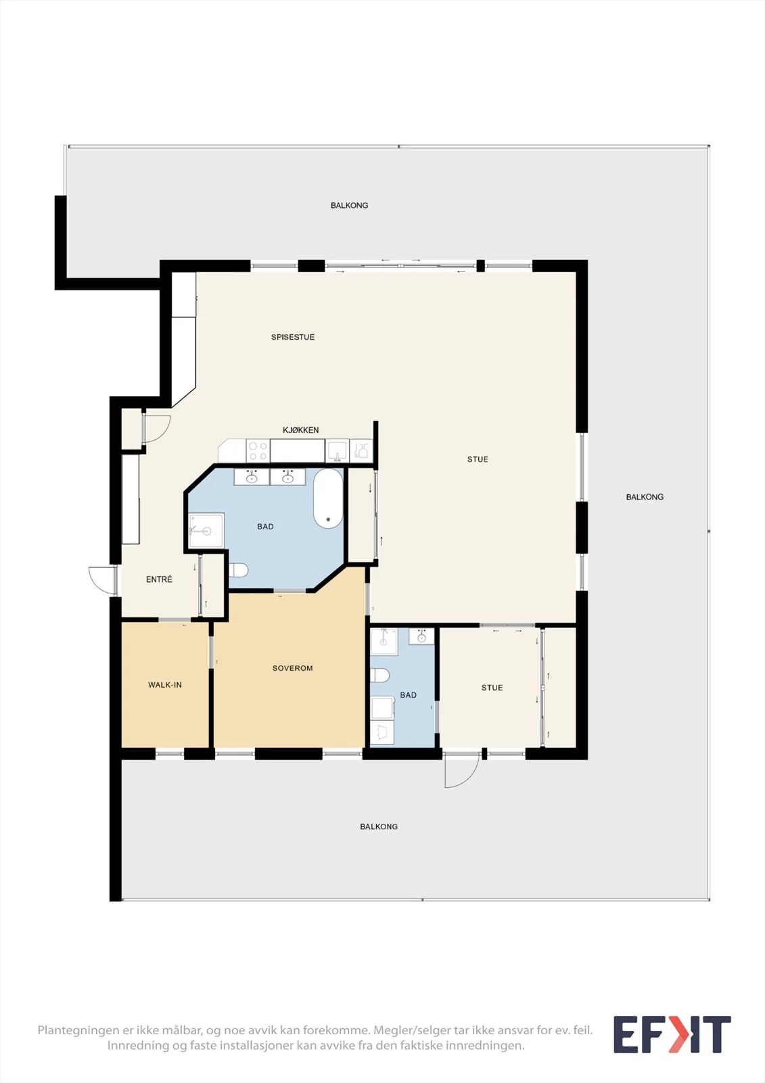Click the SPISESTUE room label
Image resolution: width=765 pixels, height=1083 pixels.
(x=292, y=337)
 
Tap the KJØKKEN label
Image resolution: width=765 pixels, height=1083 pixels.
(x=300, y=430)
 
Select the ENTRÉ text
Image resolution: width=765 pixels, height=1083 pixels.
(x=159, y=579)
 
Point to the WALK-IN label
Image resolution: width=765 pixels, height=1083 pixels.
(x=165, y=684)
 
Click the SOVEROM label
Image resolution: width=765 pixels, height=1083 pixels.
(x=292, y=668)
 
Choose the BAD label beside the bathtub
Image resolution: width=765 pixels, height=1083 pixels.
(x=265, y=527)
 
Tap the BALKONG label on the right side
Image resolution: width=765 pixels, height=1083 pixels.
(x=645, y=497)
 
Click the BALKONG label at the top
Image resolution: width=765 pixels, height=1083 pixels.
(x=350, y=206)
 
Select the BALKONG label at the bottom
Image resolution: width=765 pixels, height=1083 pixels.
(x=379, y=826)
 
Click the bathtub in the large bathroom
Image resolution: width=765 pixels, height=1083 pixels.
(x=328, y=498)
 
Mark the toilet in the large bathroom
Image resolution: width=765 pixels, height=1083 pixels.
(x=238, y=571)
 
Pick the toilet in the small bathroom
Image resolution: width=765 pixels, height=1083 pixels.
(x=380, y=675)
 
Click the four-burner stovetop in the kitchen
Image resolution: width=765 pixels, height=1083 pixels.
(x=258, y=451)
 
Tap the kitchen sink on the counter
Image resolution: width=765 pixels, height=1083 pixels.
(x=337, y=451)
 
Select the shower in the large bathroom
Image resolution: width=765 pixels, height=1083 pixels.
(x=206, y=531)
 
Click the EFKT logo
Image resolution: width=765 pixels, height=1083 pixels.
(x=672, y=1034)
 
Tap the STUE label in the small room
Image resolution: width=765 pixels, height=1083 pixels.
(x=492, y=688)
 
